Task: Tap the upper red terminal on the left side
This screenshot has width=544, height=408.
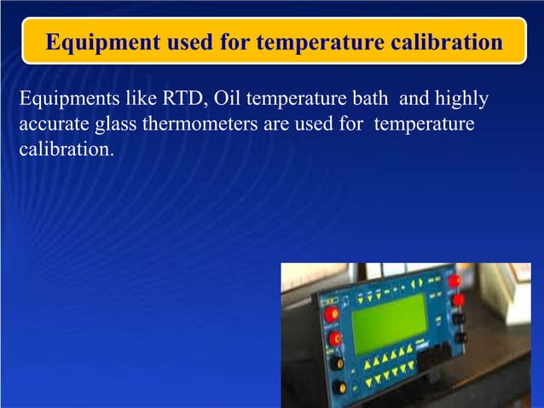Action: point(332,314)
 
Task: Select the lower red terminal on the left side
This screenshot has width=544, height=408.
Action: point(335,339)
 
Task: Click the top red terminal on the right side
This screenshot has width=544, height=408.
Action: point(454,281)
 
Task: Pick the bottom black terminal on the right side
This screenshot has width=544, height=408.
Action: point(460,338)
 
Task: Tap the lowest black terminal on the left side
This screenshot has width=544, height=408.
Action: point(340,387)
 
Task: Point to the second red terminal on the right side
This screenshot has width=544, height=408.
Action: point(458,300)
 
